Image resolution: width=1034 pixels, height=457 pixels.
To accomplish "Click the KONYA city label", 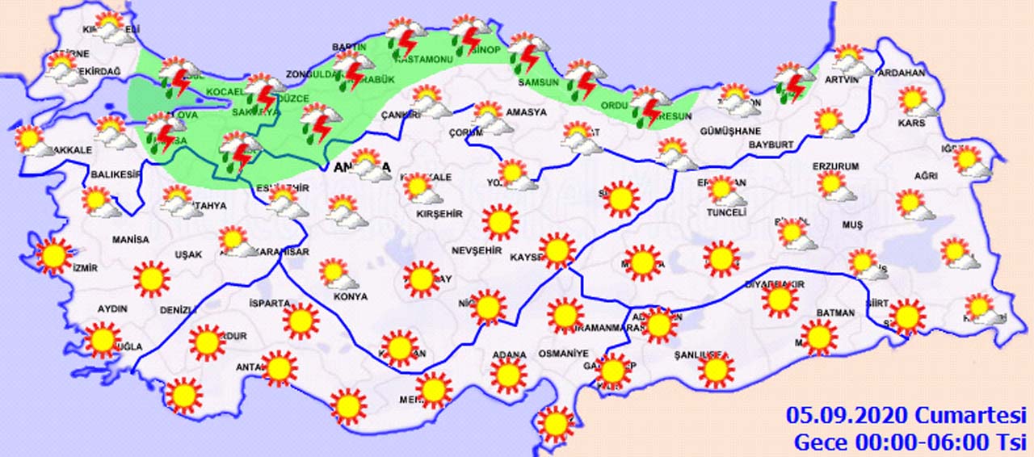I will click(x=350, y=297).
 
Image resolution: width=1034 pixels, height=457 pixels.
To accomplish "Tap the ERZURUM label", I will click(x=837, y=166).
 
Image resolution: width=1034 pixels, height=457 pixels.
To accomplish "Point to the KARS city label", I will click(x=911, y=124).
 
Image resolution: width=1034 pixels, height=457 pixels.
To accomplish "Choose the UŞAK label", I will click(x=188, y=255).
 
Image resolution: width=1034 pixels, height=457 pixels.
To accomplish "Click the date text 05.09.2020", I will click(x=847, y=417).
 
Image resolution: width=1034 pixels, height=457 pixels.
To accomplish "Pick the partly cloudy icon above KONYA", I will click(x=338, y=275).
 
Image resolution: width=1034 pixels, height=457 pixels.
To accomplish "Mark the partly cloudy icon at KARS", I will click(x=917, y=102).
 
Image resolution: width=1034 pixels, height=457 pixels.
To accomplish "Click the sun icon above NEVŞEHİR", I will click(x=500, y=221).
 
